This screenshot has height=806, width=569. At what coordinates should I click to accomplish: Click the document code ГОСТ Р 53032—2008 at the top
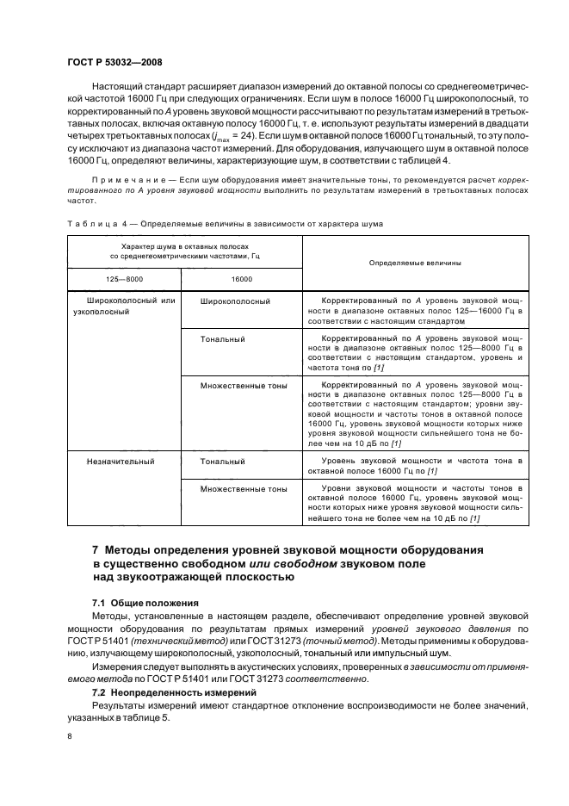pos(114,62)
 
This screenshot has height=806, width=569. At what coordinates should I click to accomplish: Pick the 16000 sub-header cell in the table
pos(241,279)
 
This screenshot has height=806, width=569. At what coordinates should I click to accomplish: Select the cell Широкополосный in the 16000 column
pos(235,301)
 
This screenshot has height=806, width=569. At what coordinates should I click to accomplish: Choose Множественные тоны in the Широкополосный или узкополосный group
pos(244,386)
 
